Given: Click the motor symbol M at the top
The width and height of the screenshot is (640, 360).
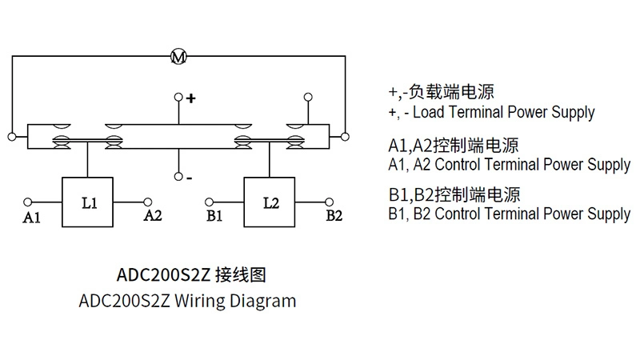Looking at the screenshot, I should pos(178,56).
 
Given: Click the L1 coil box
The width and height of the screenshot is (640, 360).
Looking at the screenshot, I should pos(89,202).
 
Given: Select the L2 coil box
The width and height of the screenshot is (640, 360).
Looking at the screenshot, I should pos(270,202).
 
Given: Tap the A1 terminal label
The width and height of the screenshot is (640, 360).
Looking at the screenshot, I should pos(31,217).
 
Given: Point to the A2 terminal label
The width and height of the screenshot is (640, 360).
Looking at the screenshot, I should pos(153,216).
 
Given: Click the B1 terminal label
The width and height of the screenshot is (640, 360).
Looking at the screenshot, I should pos(214,216).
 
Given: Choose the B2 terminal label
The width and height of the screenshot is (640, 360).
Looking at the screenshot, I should pos(334,216).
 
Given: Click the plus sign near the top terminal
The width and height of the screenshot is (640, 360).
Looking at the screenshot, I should pos(191,99).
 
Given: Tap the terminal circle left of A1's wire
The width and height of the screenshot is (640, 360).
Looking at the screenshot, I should pos(28,202).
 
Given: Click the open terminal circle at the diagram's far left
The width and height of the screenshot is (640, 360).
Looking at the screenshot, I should pos(10,135).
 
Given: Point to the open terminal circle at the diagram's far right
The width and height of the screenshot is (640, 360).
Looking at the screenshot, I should pos(346,135).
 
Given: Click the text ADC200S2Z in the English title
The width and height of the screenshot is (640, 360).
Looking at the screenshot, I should pos(123,302).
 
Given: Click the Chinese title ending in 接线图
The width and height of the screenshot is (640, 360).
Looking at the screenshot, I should pos(190,275).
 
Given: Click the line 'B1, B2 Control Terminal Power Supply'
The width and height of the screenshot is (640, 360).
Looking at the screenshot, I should pos(509,214).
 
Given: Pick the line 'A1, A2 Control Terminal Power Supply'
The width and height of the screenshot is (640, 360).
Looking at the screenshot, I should pos(509,166).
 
